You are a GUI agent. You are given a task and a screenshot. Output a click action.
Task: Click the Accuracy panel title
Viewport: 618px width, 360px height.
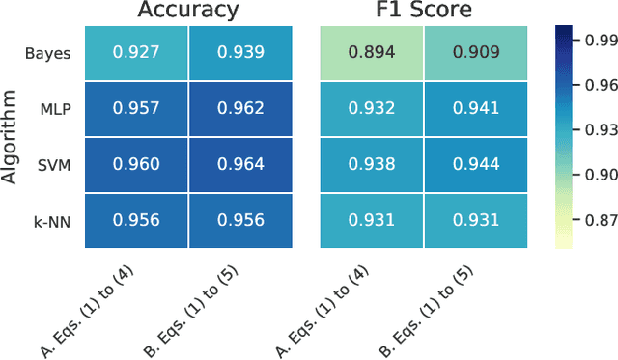coord(188,11)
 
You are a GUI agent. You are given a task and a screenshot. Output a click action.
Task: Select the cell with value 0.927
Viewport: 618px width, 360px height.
coord(136,52)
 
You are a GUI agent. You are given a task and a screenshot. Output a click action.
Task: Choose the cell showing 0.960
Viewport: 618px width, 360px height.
coord(136,164)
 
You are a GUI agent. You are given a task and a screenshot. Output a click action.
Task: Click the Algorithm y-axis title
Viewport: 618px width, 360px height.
coord(12,136)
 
